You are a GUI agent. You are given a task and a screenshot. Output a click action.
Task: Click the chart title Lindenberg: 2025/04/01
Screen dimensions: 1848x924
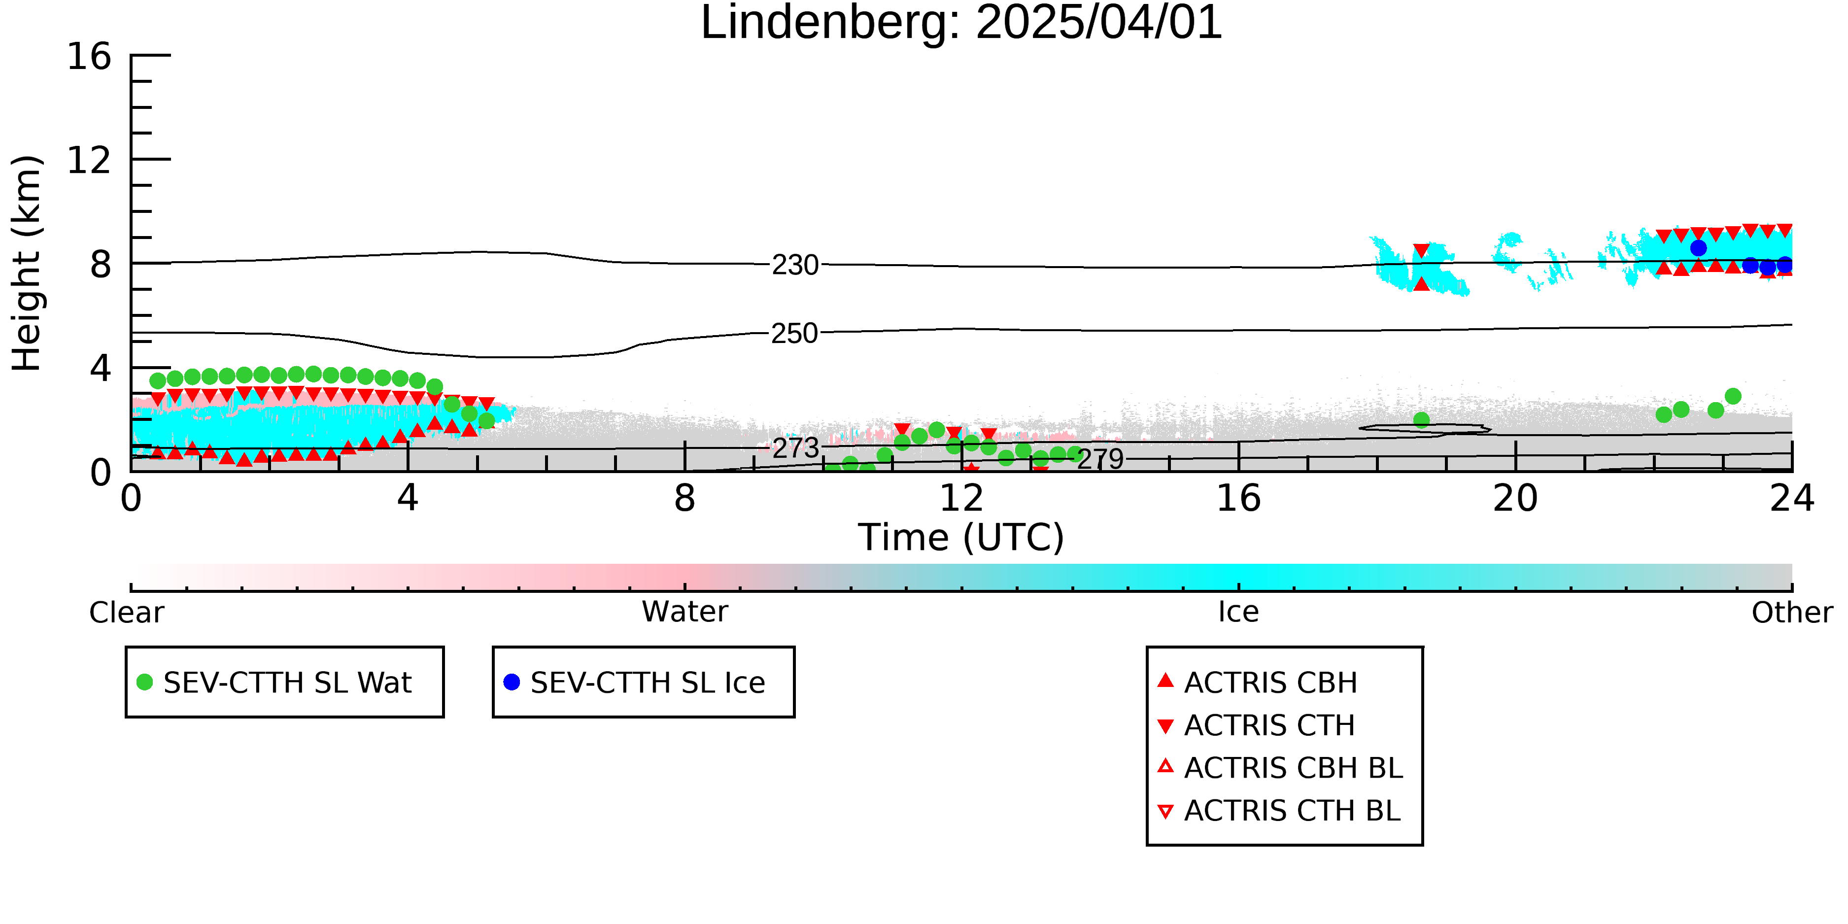pos(961,23)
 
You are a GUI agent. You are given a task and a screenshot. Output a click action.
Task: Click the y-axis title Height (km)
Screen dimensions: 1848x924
pos(27,263)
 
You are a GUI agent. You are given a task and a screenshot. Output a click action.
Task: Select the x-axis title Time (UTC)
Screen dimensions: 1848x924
pos(961,537)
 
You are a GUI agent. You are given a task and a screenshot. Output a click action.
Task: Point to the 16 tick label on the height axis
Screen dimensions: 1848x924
pos(89,56)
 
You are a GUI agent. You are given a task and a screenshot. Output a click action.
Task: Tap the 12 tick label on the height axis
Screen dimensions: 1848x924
pos(89,160)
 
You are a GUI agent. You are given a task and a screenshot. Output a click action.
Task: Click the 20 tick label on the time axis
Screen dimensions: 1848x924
pos(1515,498)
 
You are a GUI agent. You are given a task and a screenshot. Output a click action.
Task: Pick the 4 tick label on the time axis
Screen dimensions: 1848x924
pos(408,498)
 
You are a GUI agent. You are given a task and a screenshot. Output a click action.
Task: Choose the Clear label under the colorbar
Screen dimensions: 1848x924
pos(126,613)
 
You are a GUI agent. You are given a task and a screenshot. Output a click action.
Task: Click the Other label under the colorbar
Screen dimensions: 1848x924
pos(1792,613)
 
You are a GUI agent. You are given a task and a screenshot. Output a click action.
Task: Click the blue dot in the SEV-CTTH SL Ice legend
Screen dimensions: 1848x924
pos(512,682)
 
